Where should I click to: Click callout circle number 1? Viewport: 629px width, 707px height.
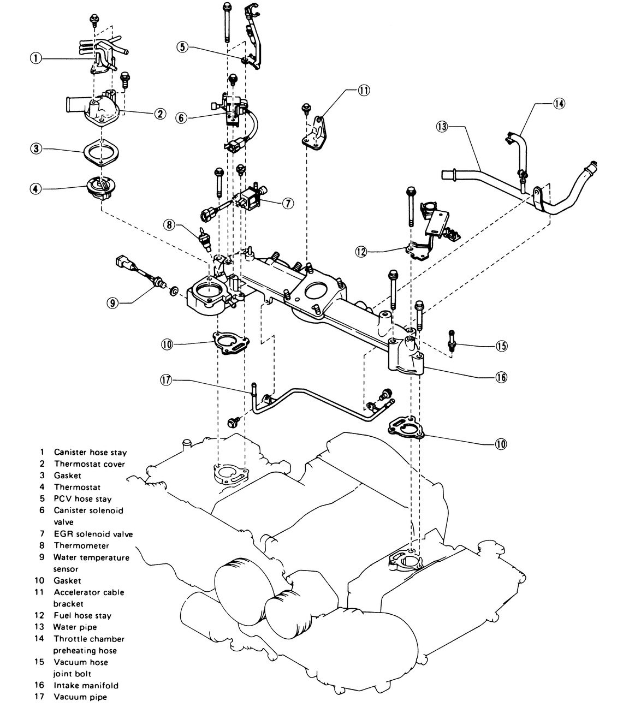[x=36, y=58]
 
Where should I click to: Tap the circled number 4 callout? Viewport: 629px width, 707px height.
[x=36, y=189]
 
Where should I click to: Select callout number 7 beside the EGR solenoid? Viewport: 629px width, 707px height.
[x=288, y=203]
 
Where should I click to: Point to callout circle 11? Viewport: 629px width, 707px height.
[x=364, y=91]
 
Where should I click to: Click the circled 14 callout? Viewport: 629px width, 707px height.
[x=559, y=103]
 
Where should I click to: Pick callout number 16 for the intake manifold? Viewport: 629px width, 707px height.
[x=501, y=377]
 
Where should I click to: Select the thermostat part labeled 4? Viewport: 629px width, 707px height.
[x=101, y=189]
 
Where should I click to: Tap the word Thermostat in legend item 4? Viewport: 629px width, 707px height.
[x=77, y=487]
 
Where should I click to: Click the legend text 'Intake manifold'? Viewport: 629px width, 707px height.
[x=86, y=685]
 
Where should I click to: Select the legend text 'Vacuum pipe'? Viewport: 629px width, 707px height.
[x=80, y=697]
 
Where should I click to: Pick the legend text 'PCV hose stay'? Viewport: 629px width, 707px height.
[x=82, y=498]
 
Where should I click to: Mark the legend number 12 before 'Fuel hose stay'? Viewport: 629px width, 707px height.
[x=41, y=615]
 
